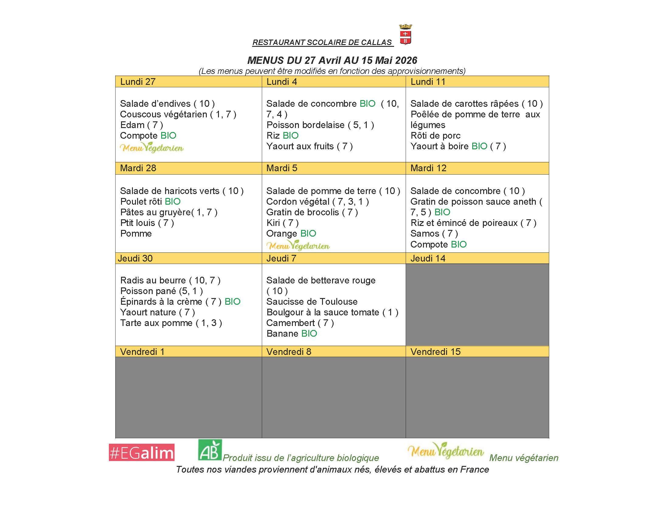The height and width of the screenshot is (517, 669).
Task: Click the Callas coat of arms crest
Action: point(406,35)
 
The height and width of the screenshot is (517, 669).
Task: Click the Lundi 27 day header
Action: point(138,82)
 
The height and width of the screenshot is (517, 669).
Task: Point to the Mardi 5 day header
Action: point(282,168)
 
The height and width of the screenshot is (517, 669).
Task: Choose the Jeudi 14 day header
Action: point(428,258)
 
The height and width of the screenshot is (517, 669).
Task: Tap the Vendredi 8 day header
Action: point(289,352)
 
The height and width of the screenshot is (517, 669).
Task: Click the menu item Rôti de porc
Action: point(435,135)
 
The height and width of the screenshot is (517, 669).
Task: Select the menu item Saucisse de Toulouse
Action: point(312,301)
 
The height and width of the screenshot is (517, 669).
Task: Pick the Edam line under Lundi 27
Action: point(141,125)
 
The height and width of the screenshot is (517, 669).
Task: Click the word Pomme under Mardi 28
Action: point(136,233)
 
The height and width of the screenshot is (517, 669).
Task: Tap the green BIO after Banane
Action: point(309,334)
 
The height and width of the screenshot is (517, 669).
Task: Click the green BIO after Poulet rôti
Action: point(172,202)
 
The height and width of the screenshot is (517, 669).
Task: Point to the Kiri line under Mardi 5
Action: point(282,223)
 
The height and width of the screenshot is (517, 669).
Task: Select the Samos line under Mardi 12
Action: point(434,233)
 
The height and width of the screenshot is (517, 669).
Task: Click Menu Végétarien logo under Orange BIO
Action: point(298,246)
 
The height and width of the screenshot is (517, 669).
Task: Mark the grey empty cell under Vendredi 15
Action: point(477,397)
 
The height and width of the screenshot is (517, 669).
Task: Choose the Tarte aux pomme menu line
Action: point(171,323)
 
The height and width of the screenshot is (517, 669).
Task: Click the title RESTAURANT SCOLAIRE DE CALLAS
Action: point(322,42)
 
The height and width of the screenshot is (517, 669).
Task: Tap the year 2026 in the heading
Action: point(406,60)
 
